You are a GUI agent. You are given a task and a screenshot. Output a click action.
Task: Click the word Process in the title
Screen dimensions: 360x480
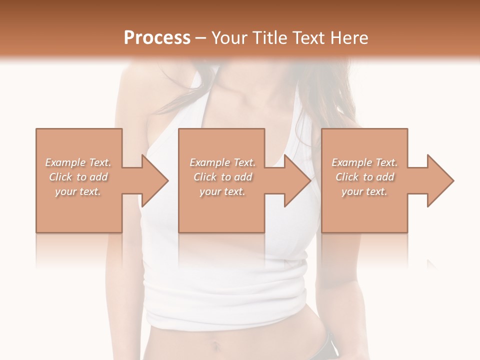(157, 38)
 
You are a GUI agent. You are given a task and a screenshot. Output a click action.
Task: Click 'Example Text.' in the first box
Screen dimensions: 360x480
(78, 162)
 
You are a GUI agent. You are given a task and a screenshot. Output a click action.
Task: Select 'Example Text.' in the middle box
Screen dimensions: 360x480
(222, 162)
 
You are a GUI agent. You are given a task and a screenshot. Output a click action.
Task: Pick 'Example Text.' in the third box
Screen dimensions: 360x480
(364, 162)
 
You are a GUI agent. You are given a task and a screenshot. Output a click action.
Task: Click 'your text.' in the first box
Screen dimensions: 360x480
(78, 191)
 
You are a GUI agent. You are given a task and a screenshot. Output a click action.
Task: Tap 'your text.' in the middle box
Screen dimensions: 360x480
(222, 191)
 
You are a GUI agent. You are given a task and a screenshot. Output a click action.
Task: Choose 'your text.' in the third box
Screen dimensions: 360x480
(364, 191)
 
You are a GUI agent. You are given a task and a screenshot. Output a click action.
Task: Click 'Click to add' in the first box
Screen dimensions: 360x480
(78, 177)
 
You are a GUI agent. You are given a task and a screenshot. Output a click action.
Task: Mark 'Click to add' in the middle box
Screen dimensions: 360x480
(222, 177)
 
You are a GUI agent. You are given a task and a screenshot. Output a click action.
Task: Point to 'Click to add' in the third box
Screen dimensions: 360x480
(364, 177)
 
